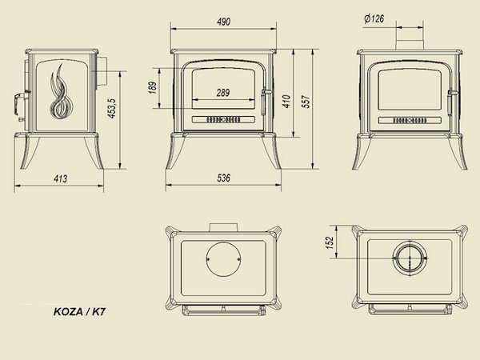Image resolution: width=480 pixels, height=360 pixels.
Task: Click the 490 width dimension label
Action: pyautogui.click(x=223, y=22)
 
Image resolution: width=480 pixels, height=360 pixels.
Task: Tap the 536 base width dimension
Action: pyautogui.click(x=223, y=178)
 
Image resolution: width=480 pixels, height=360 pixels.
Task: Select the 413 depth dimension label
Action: pyautogui.click(x=60, y=178)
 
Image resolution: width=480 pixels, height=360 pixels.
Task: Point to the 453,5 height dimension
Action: pyautogui.click(x=112, y=108)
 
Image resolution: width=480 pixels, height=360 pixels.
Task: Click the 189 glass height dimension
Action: pyautogui.click(x=153, y=87)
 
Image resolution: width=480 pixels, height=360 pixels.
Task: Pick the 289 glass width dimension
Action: pyautogui.click(x=223, y=93)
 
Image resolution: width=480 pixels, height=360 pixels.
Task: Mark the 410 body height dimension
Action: pyautogui.click(x=286, y=102)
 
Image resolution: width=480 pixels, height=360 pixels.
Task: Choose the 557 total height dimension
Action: pyautogui.click(x=306, y=102)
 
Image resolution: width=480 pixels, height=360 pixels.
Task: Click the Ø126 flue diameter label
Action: pyautogui.click(x=374, y=18)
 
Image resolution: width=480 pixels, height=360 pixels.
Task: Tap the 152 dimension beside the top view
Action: pyautogui.click(x=330, y=242)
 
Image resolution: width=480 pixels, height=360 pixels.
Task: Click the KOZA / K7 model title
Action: pyautogui.click(x=79, y=312)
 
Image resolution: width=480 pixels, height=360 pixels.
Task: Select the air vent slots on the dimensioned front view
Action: pyautogui.click(x=223, y=119)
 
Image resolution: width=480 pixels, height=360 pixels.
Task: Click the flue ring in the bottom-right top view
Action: pyautogui.click(x=410, y=258)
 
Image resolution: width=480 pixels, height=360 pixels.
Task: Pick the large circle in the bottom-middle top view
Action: pyautogui.click(x=223, y=259)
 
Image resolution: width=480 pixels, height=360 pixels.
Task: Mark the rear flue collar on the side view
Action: pyautogui.click(x=102, y=72)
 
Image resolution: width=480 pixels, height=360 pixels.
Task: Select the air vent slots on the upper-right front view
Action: pyautogui.click(x=410, y=120)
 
